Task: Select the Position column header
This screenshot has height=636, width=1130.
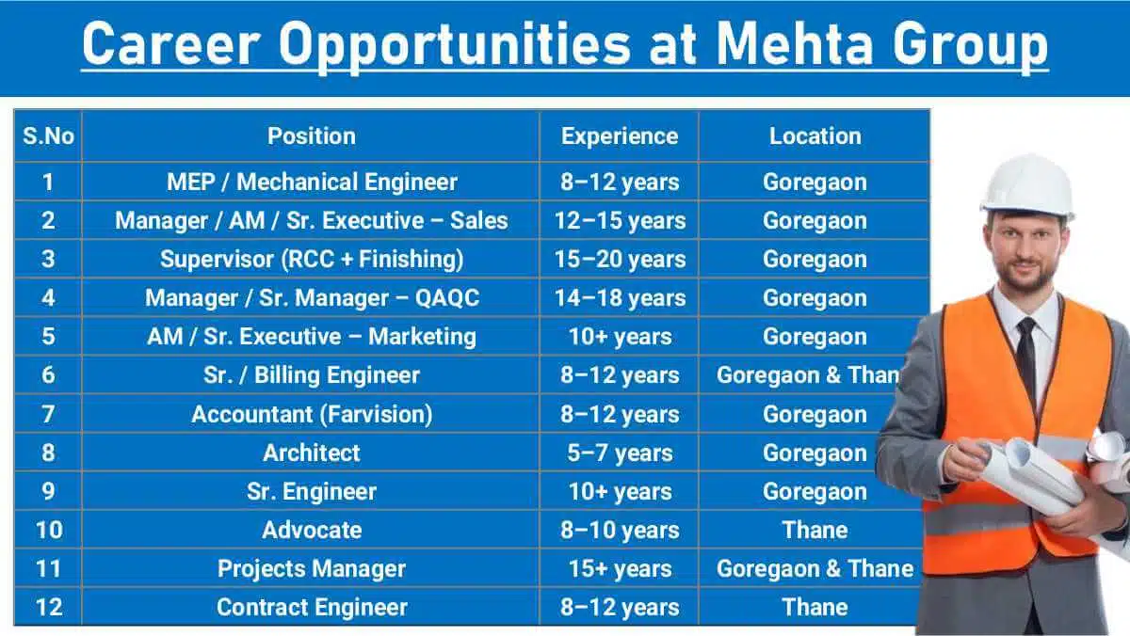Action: [311, 136]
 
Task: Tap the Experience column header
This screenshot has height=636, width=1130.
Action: [619, 136]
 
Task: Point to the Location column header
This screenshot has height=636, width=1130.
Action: [815, 136]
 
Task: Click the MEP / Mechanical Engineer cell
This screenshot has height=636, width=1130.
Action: [311, 182]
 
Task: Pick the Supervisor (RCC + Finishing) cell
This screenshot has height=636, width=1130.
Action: [311, 259]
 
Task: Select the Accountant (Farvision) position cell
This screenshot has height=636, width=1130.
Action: [311, 414]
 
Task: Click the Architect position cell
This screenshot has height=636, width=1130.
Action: [311, 453]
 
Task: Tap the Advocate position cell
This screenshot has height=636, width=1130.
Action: [311, 530]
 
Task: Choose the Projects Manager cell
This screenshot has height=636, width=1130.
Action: [311, 568]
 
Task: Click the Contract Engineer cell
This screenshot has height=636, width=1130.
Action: [311, 607]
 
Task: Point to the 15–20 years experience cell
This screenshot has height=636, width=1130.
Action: [619, 259]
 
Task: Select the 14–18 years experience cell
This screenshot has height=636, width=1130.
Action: [619, 297]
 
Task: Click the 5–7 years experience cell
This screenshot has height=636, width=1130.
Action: [619, 453]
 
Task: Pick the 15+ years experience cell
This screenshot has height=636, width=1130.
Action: [619, 568]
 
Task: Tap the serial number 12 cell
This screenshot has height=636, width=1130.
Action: [48, 607]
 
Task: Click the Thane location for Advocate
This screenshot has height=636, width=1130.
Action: [815, 530]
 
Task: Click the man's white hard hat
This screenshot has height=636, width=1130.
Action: [1026, 183]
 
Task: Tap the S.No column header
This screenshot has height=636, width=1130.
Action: [48, 136]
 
